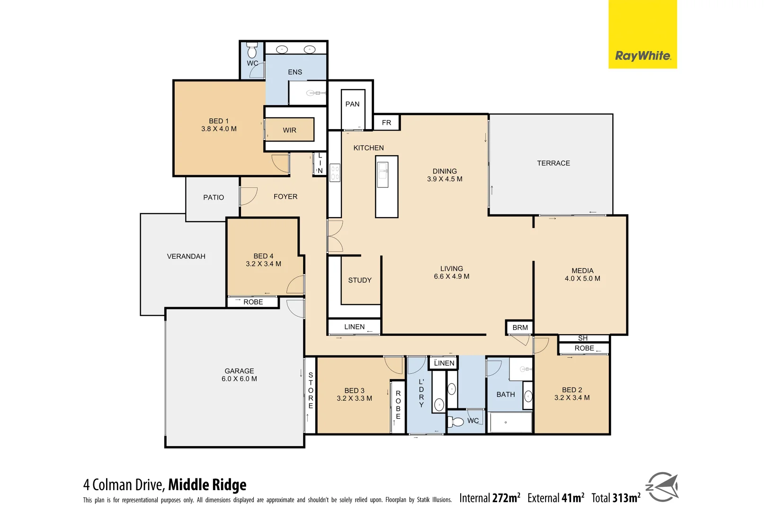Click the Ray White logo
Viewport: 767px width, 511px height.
(x=642, y=56)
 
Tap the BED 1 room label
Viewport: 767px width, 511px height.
(x=219, y=121)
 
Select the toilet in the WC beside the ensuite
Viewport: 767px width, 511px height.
(x=252, y=50)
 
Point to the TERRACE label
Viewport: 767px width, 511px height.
(x=553, y=163)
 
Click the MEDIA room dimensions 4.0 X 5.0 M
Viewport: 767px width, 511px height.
(x=582, y=279)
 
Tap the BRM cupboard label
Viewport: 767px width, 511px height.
(x=520, y=327)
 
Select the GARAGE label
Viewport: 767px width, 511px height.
(x=239, y=371)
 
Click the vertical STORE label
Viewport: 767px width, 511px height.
(x=311, y=390)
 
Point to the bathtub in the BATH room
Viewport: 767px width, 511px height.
(x=510, y=422)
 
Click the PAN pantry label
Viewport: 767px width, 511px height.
(x=352, y=104)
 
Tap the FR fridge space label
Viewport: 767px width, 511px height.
(x=386, y=123)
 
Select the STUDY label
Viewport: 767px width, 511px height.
(x=360, y=280)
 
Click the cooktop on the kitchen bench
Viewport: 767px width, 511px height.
(x=335, y=173)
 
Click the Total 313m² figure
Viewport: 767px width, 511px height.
(x=615, y=498)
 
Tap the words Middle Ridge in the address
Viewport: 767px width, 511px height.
(x=207, y=485)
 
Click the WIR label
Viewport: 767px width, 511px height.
(x=289, y=130)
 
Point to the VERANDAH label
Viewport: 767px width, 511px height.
(x=186, y=256)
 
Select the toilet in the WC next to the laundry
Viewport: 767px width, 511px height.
(x=457, y=421)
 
